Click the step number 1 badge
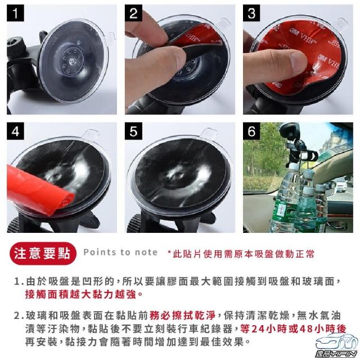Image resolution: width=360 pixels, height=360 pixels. [x=15, y=13]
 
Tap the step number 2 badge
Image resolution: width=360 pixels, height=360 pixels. [x=133, y=13]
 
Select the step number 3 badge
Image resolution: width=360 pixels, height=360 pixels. [x=251, y=13]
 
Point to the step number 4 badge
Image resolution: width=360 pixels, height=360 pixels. [x=15, y=131]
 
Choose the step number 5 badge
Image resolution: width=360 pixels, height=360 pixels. [x=133, y=131]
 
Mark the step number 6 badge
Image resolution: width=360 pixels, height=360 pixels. [x=251, y=131]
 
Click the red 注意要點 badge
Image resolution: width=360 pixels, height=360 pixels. [x=43, y=254]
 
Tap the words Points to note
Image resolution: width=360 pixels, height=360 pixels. [x=120, y=253]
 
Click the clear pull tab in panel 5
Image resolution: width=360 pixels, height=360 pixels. [x=208, y=134]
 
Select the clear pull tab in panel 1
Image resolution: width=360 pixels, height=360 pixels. [x=111, y=38]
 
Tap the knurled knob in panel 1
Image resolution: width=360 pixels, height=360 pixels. [x=16, y=47]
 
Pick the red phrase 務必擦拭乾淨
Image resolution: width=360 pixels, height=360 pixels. [x=182, y=316]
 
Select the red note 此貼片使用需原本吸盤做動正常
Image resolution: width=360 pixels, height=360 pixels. [x=241, y=254]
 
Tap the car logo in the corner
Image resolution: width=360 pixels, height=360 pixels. [x=336, y=346]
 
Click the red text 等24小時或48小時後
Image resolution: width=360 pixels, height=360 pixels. [x=293, y=328]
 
